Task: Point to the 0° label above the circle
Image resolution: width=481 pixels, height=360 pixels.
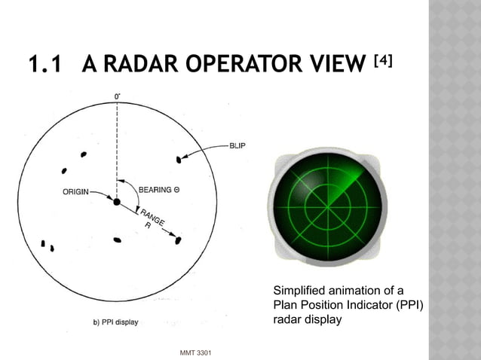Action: pos(118,96)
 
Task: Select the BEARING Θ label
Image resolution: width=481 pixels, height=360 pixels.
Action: pos(158,190)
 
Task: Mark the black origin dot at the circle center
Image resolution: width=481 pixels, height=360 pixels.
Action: pos(117,202)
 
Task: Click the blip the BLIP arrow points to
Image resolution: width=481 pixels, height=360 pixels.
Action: pos(179,160)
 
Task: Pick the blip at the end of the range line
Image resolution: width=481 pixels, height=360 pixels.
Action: pos(178,240)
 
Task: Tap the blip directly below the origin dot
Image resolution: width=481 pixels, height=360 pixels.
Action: pos(117,240)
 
